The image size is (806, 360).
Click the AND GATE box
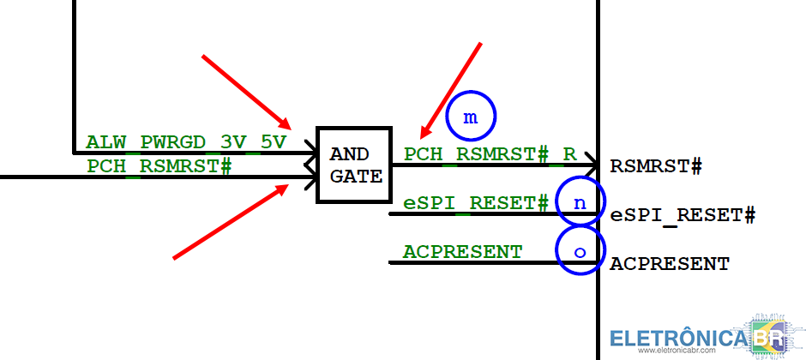(354, 165)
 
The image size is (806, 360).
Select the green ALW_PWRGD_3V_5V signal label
(186, 141)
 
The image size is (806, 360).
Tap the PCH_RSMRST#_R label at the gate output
(490, 154)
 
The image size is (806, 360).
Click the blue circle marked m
(471, 117)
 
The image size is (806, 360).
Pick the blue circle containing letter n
(580, 202)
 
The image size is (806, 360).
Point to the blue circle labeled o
(580, 251)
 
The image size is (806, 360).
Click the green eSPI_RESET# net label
(475, 203)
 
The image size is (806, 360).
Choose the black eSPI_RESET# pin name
(683, 215)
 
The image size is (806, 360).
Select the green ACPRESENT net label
(462, 252)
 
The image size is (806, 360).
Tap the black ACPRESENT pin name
(670, 264)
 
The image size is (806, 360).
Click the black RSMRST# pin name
(656, 166)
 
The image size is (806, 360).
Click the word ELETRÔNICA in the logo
(677, 336)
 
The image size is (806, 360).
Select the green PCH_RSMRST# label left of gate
(159, 166)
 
